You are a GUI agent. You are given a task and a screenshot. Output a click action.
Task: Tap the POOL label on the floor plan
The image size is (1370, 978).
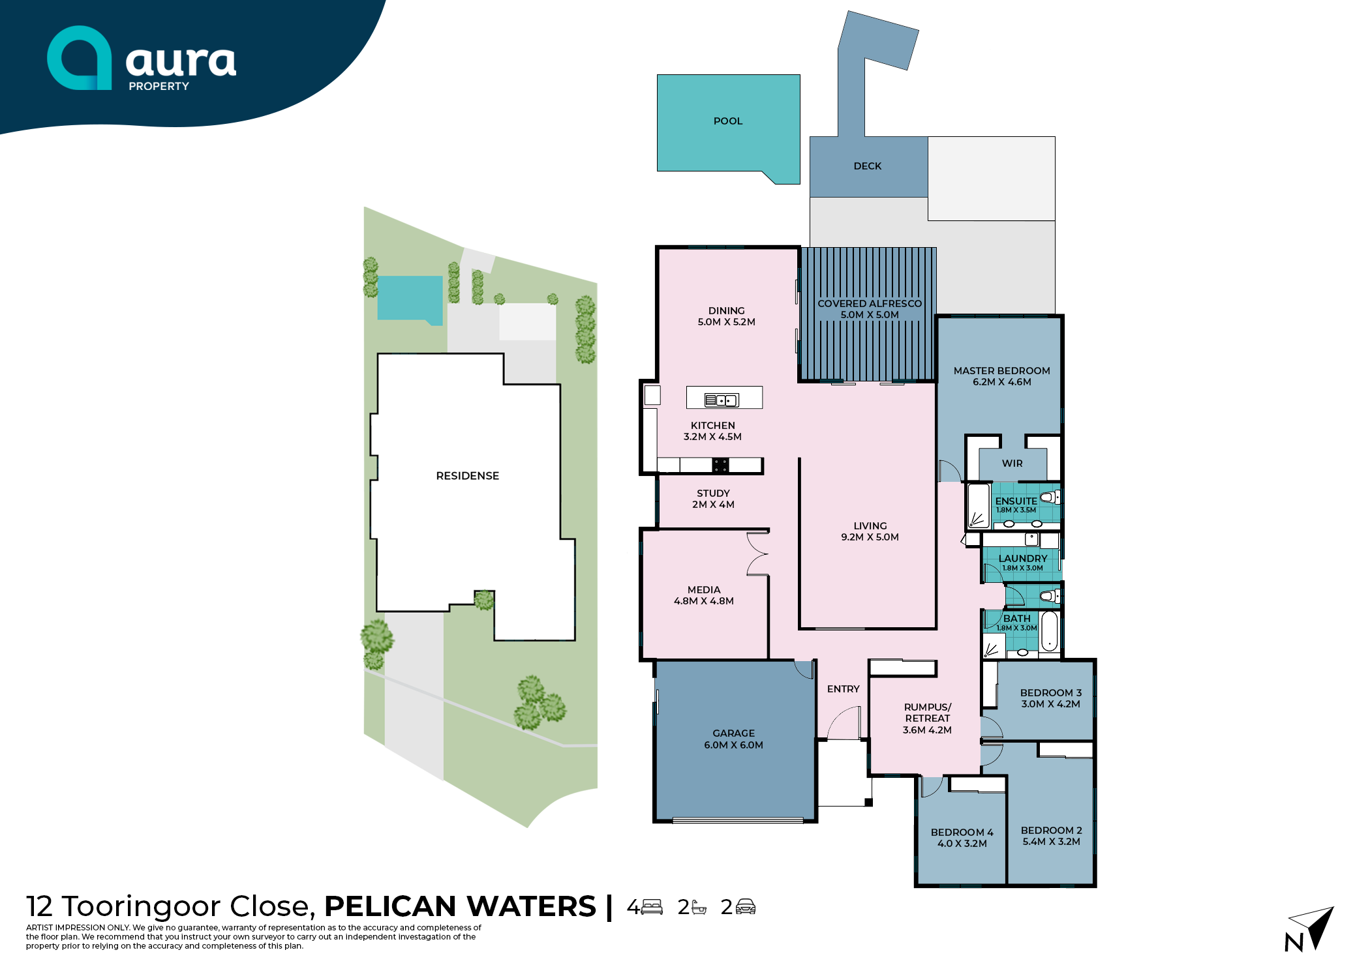click(728, 121)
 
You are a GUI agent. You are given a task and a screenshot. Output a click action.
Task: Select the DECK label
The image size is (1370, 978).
click(868, 166)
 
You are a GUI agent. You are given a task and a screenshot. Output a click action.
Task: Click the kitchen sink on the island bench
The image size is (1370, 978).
click(722, 400)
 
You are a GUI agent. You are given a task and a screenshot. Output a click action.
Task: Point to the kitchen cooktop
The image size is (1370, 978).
click(720, 465)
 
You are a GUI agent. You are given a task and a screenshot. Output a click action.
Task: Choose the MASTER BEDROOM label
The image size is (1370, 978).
click(1002, 371)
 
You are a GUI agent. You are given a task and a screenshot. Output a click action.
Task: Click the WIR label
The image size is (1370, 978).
click(1012, 464)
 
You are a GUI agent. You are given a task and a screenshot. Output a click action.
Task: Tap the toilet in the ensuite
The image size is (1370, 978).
click(1050, 497)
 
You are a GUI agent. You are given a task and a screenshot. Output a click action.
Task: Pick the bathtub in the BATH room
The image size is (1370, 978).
click(1049, 631)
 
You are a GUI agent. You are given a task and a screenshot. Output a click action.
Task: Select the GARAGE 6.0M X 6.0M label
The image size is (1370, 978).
click(734, 739)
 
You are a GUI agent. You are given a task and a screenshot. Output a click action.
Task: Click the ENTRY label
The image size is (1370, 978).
click(844, 689)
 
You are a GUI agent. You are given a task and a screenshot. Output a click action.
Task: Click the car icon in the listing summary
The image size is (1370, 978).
click(746, 907)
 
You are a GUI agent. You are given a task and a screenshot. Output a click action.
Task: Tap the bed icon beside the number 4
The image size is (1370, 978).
click(652, 907)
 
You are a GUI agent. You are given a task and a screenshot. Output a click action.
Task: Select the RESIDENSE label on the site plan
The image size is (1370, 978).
click(468, 476)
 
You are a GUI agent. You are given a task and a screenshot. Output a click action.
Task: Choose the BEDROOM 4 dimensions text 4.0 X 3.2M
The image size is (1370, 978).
click(962, 844)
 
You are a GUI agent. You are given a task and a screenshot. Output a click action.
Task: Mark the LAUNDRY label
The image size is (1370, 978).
click(1023, 559)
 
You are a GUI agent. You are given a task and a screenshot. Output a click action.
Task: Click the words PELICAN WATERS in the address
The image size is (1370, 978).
click(460, 906)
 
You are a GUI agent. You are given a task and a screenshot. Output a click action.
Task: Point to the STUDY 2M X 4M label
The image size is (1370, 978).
click(714, 499)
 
